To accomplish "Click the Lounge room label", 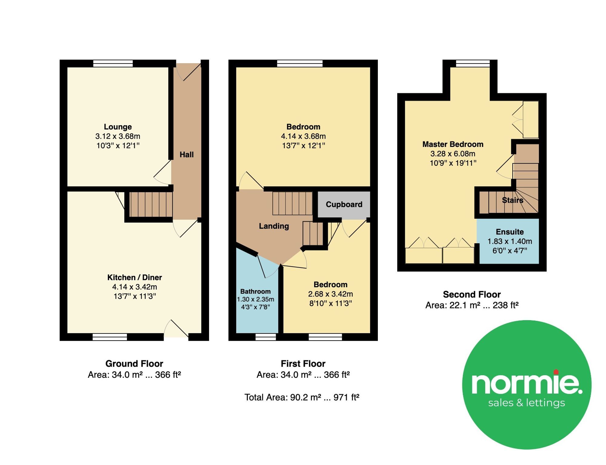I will coord(118,127).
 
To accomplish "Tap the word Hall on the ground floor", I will coord(186,154).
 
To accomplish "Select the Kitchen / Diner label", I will coord(135,277).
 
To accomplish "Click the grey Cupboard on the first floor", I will coord(344,204).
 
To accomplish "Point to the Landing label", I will coord(274,226).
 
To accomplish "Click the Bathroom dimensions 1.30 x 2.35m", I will coord(255,299).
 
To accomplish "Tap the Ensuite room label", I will coord(510,232).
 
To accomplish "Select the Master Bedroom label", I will coord(453,144).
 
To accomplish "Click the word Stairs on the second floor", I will coord(512,200).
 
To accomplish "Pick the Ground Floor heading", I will coord(134,364).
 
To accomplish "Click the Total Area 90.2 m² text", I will coord(302,397).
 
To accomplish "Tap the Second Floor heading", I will coord(472,294).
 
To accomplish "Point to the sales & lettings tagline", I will coord(527,403).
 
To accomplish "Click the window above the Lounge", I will coord(113,63).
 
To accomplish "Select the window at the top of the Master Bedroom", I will coord(473,63).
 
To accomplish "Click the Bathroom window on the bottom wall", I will coord(265,337).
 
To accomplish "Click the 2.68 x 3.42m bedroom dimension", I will coord(330,294).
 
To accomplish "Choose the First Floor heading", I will coord(303,364).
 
